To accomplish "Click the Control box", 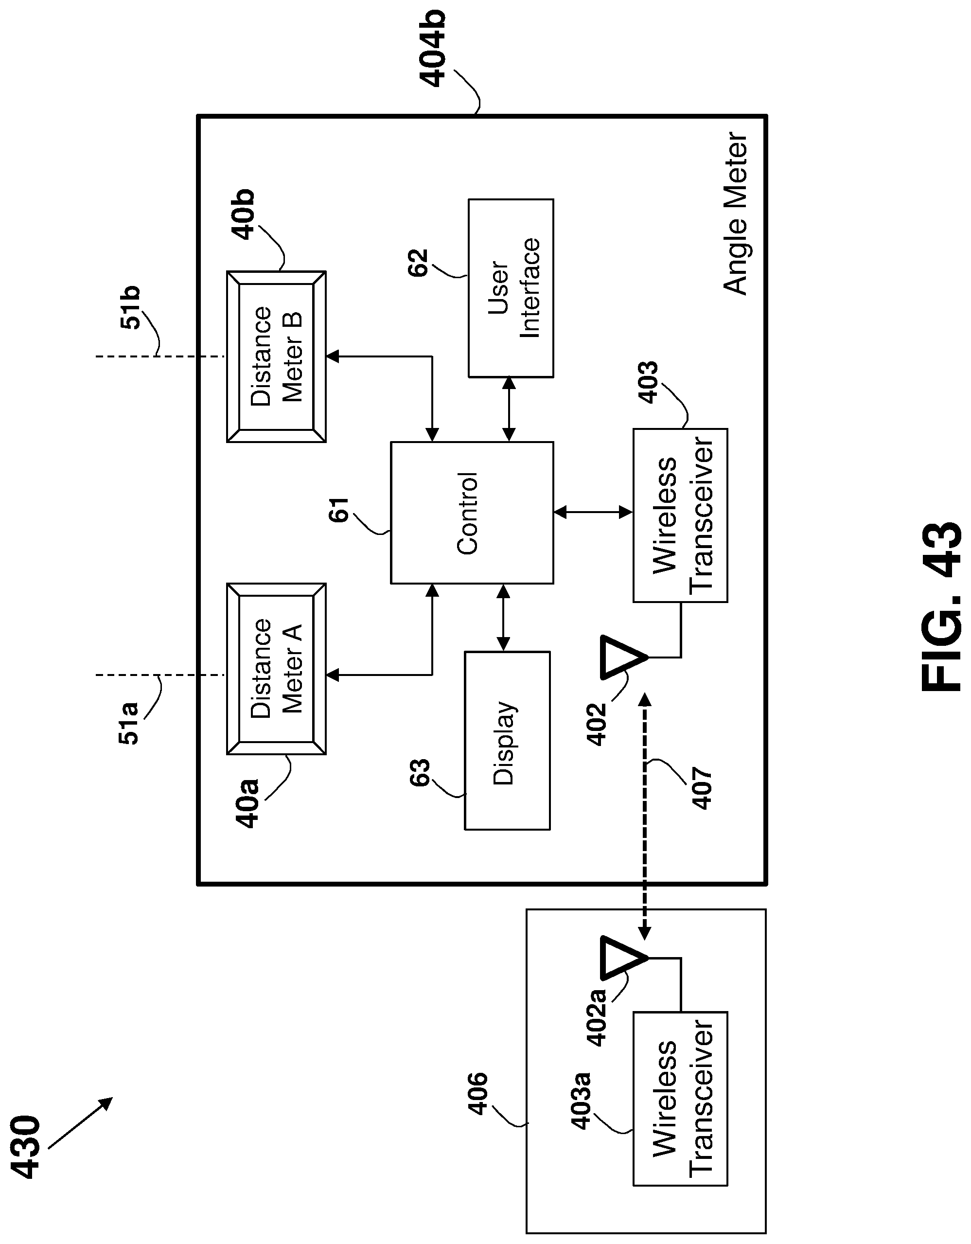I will (x=472, y=513).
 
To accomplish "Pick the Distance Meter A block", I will (x=276, y=669).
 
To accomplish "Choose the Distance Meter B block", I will (x=276, y=356).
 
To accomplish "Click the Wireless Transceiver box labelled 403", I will (x=680, y=515).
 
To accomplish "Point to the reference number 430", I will (x=26, y=1145).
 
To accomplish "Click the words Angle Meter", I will (x=735, y=213).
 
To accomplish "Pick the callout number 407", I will (x=702, y=789).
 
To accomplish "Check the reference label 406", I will (x=478, y=1094).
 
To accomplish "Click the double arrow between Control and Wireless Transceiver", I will (x=593, y=513).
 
